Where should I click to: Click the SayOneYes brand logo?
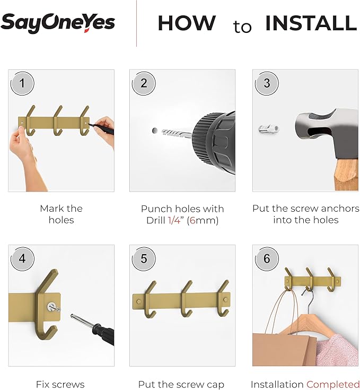pyautogui.click(x=58, y=23)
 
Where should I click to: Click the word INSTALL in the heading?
pyautogui.click(x=311, y=23)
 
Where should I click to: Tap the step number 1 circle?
pyautogui.click(x=23, y=83)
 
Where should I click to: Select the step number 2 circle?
pyautogui.click(x=144, y=83)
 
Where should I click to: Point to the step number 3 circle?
pyautogui.click(x=266, y=83)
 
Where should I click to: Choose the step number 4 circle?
pyautogui.click(x=23, y=259)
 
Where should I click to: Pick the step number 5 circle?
pyautogui.click(x=144, y=259)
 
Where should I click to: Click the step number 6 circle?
pyautogui.click(x=266, y=259)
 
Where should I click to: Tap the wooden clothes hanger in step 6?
pyautogui.click(x=305, y=321)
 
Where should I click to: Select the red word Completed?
pyautogui.click(x=332, y=384)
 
